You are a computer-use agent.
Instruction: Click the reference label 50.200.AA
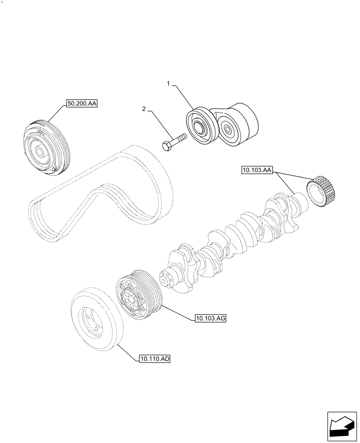point(82,104)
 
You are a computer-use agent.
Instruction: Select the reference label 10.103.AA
point(258,169)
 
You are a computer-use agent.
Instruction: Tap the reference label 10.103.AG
point(210,318)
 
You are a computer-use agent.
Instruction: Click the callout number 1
point(168,83)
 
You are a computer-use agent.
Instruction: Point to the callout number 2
point(144,109)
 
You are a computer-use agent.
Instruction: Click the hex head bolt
point(173,143)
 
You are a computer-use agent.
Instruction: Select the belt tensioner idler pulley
point(200,127)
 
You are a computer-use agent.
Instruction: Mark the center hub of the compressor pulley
point(40,152)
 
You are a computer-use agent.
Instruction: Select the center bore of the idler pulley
point(198,129)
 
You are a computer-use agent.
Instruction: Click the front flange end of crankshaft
point(168,279)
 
